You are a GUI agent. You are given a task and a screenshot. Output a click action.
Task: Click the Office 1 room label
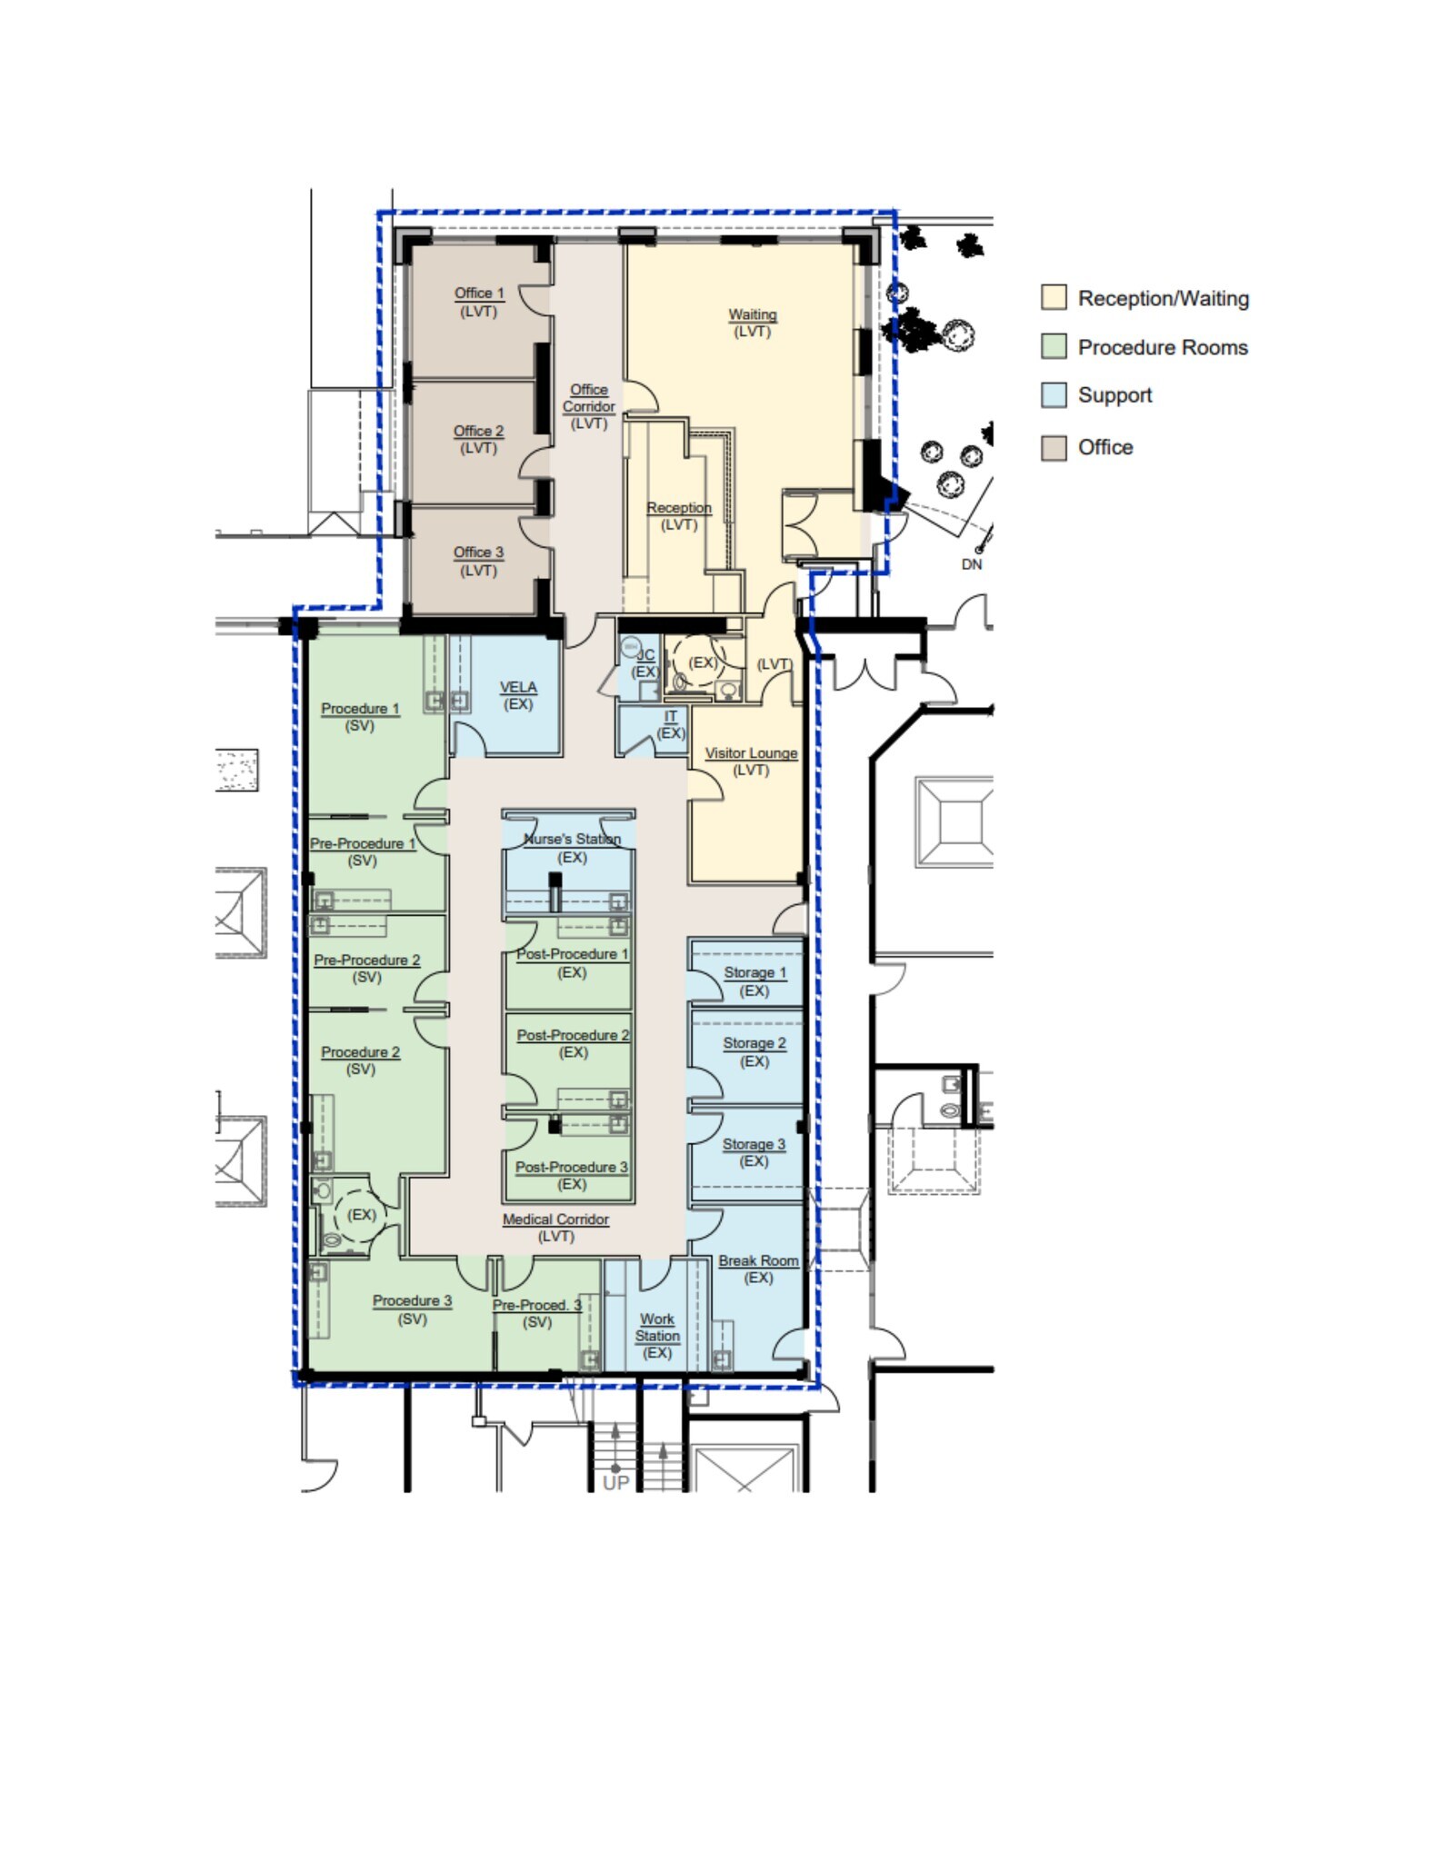click(479, 294)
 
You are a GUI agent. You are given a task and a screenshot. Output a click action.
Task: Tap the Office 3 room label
click(478, 552)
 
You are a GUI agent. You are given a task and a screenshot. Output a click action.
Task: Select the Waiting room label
click(753, 315)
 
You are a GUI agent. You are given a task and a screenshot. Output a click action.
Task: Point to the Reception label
click(679, 508)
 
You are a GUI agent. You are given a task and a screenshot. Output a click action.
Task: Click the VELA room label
click(518, 688)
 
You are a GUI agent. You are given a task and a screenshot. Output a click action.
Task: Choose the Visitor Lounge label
click(751, 753)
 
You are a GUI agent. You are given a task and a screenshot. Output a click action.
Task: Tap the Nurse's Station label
click(572, 840)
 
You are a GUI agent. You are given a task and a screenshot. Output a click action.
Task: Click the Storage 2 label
click(754, 1043)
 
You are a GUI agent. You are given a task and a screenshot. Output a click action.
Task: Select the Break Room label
click(758, 1261)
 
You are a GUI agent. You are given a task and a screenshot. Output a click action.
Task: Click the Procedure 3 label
click(412, 1301)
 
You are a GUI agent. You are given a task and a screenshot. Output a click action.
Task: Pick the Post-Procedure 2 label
click(573, 1036)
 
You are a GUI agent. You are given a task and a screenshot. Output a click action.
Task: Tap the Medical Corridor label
click(555, 1219)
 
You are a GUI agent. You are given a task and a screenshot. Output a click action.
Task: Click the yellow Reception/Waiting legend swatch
click(1054, 298)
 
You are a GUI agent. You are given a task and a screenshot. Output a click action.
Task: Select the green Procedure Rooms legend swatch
click(1054, 347)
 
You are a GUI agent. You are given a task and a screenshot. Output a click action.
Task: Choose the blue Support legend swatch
click(1054, 395)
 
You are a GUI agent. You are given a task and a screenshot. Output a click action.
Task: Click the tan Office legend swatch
click(1054, 447)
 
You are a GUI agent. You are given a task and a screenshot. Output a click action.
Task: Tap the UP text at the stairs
click(615, 1483)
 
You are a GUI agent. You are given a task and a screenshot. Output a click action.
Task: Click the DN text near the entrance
click(972, 564)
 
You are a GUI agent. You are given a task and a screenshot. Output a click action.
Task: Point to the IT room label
click(671, 717)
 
